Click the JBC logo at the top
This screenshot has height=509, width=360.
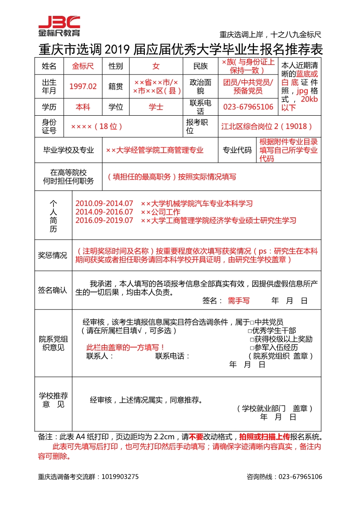[x=59, y=26]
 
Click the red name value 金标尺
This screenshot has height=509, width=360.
[x=83, y=66]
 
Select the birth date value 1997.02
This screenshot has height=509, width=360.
[x=83, y=86]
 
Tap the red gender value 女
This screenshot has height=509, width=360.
[x=156, y=66]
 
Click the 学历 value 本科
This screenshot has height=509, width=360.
[x=83, y=107]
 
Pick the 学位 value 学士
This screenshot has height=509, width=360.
[x=156, y=107]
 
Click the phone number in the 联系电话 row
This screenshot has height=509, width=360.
[x=248, y=107]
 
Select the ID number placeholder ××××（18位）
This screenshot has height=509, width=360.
[x=97, y=127]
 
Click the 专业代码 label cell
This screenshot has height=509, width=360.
[x=237, y=150]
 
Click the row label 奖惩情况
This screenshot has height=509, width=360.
[x=52, y=255]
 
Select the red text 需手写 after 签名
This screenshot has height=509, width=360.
[x=238, y=300]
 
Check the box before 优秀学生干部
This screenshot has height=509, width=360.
[x=250, y=331]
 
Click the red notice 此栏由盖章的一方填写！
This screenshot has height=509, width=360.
[x=125, y=347]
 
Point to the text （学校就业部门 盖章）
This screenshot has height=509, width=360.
[x=275, y=408]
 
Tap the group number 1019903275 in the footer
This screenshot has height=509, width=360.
[x=118, y=477]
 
